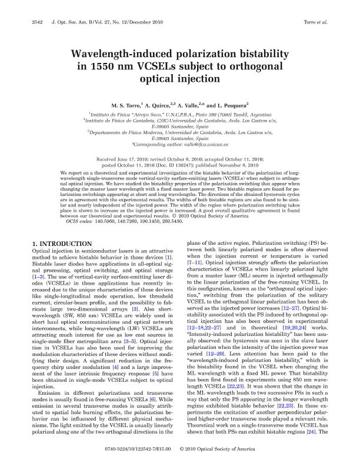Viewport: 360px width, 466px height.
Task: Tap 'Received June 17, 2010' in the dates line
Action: [124, 159]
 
